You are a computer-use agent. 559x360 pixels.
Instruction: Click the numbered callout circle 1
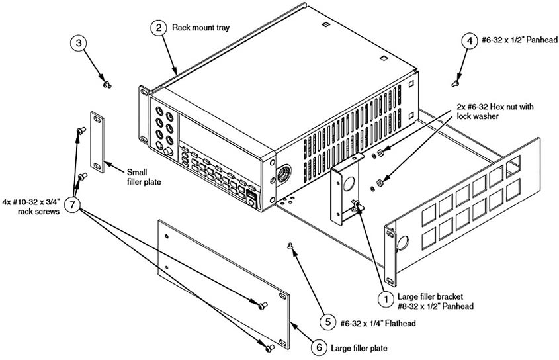tap(384, 299)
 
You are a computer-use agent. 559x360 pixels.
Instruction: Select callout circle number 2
tap(158, 28)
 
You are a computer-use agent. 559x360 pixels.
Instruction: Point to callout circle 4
tap(468, 40)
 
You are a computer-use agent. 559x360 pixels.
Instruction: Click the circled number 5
tap(326, 322)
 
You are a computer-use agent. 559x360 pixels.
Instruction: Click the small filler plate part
tap(97, 142)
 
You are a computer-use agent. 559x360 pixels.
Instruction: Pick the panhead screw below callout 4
tap(454, 83)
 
